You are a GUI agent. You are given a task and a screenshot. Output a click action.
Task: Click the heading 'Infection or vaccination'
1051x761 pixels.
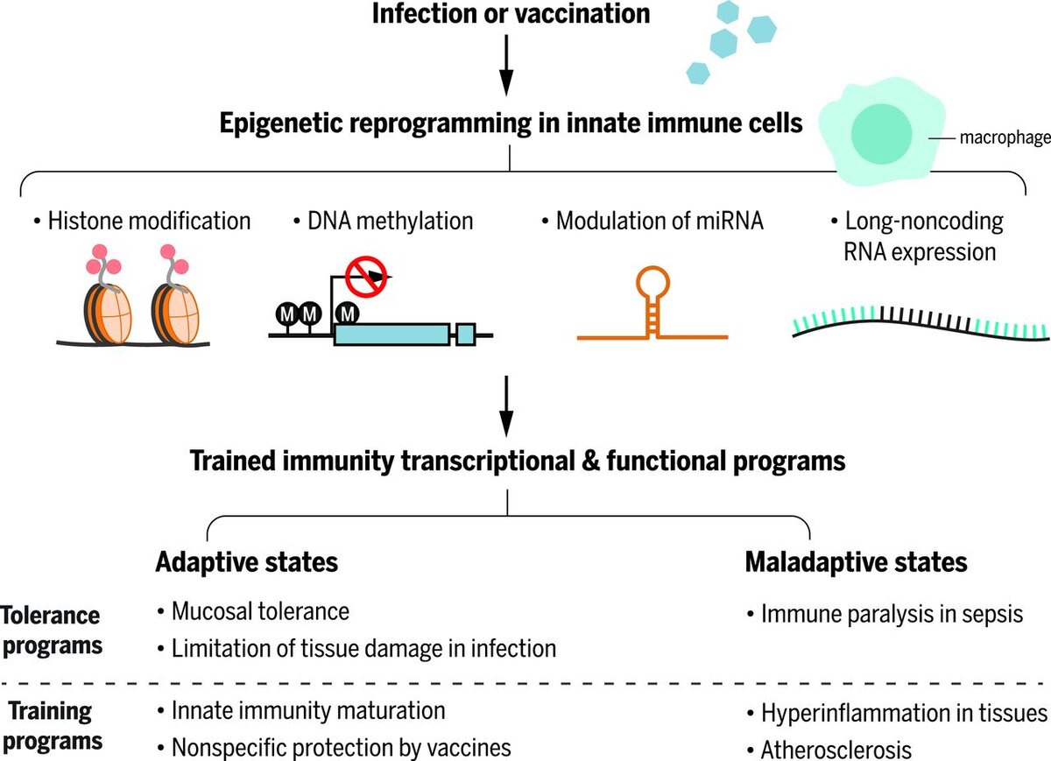pyautogui.click(x=512, y=14)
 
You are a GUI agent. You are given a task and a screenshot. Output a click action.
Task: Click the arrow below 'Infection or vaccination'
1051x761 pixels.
pyautogui.click(x=506, y=66)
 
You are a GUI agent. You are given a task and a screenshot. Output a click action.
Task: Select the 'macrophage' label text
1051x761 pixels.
pyautogui.click(x=1004, y=138)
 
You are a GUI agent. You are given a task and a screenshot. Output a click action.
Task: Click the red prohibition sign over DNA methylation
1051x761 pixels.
pyautogui.click(x=364, y=276)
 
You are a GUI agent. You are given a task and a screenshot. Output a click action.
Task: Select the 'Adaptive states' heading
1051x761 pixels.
pyautogui.click(x=247, y=561)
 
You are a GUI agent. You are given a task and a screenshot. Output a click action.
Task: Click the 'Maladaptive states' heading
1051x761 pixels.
pyautogui.click(x=856, y=561)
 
